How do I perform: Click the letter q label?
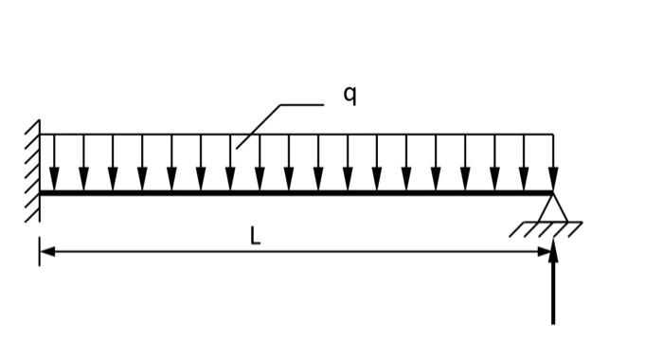[349, 95]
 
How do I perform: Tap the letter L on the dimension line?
[255, 237]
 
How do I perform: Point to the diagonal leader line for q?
[260, 125]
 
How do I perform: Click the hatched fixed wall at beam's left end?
[33, 171]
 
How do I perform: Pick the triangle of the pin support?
[553, 207]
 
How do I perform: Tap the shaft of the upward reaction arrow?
[553, 294]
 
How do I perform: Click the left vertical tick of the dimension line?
[40, 252]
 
